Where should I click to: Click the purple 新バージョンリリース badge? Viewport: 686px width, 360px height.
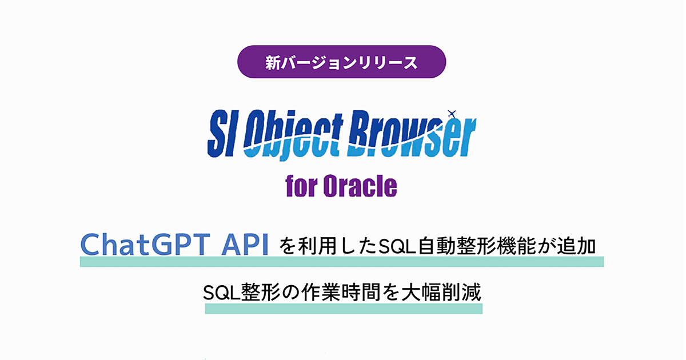tap(341, 62)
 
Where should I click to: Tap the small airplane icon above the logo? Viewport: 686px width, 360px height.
tap(453, 112)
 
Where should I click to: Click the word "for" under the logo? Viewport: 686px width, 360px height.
tap(302, 186)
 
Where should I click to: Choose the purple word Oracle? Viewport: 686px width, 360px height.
tap(361, 186)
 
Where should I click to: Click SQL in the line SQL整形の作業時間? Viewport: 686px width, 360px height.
tap(220, 293)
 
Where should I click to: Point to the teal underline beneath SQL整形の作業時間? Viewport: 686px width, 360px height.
tap(343, 309)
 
